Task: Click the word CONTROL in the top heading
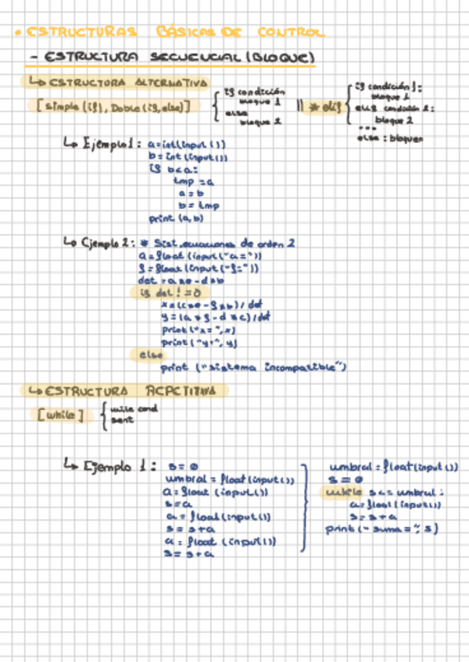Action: [x=289, y=32]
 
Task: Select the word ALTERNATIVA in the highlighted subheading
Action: [x=168, y=82]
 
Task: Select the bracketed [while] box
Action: [x=60, y=415]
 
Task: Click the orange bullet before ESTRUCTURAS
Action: [x=17, y=33]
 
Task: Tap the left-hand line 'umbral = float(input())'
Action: [x=230, y=479]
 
